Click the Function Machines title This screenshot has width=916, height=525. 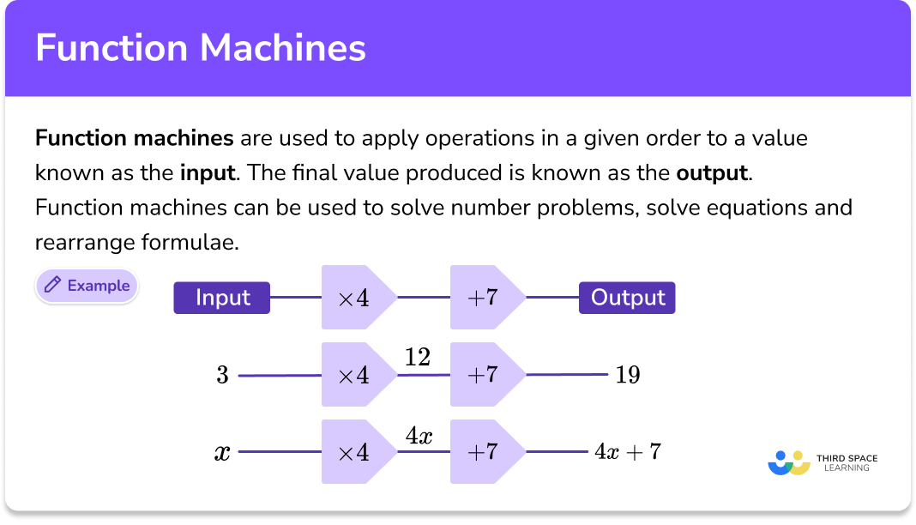coord(201,48)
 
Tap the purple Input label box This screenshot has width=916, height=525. coord(222,298)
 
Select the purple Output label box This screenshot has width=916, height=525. coord(628,298)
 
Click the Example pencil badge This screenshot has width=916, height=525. coord(87,286)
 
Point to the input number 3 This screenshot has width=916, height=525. coord(222,375)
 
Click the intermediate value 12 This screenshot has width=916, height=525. coord(418,357)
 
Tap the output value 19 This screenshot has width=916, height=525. coord(628,375)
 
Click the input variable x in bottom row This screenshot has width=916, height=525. coord(222,452)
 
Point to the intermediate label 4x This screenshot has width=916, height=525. coord(419,435)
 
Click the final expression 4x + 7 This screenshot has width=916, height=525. coord(628,451)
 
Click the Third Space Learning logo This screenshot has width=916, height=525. coord(823,462)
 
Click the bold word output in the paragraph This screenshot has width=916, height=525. coord(713,172)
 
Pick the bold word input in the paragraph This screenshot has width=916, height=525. coord(208,172)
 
